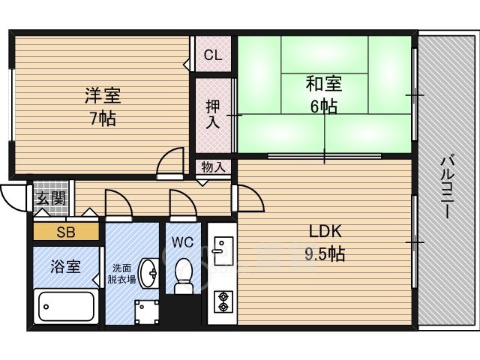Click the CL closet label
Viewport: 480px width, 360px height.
[x=213, y=55]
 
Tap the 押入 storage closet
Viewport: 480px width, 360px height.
[x=213, y=115]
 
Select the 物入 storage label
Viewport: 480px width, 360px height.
[x=213, y=167]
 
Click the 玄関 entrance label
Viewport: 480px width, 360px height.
[x=51, y=198]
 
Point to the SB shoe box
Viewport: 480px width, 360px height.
[x=66, y=232]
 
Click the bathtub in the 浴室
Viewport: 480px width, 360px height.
[x=66, y=307]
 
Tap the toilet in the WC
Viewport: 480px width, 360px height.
[x=183, y=276]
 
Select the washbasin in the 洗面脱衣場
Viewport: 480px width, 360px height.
[x=148, y=273]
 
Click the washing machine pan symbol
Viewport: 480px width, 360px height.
[x=147, y=312]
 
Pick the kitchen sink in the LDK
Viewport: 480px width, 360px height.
[x=223, y=250]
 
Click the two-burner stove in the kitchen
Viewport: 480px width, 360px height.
[x=223, y=301]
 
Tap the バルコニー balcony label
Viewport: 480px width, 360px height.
[x=448, y=187]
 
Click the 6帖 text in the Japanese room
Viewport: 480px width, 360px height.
[x=324, y=106]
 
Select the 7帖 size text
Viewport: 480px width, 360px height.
[x=103, y=118]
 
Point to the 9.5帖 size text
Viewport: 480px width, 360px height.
[x=325, y=253]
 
